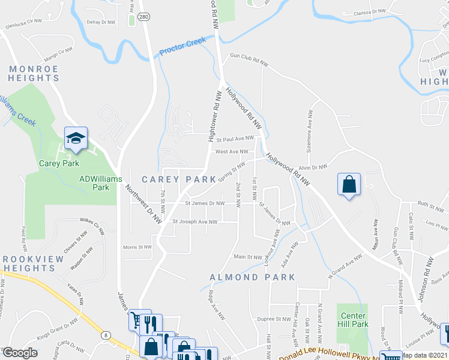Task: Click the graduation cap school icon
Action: click(76, 139)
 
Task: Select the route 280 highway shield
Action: click(143, 17)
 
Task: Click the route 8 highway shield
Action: click(106, 334)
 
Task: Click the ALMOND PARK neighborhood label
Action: click(253, 277)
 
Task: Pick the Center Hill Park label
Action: click(354, 320)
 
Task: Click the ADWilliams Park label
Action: click(101, 183)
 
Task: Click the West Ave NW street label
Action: click(232, 152)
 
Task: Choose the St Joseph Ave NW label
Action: click(194, 221)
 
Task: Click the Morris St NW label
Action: click(137, 247)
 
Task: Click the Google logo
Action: click(20, 353)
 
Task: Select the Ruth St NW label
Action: click(430, 204)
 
